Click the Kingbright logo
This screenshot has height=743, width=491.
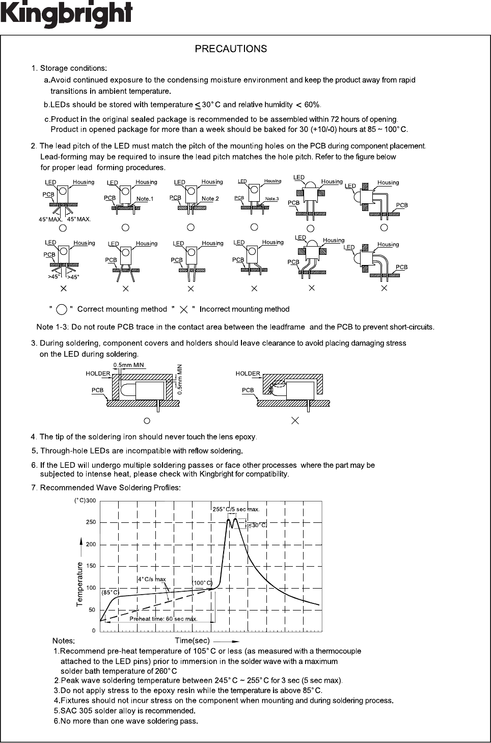coord(66,14)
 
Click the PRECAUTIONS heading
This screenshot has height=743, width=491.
coord(231,49)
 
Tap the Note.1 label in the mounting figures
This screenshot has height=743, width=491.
coord(145,199)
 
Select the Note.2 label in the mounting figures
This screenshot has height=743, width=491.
coord(210,199)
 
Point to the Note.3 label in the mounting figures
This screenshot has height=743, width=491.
coord(271,199)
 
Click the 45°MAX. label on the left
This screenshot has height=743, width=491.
coord(50,220)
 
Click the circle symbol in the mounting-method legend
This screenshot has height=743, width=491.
coord(62,309)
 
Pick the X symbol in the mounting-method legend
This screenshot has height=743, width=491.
coord(184,309)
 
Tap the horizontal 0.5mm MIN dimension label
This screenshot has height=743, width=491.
coord(128,365)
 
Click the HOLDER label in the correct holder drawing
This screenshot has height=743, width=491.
coord(98,374)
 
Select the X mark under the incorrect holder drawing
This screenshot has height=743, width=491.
coord(294,421)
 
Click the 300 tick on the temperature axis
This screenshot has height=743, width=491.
coord(91,500)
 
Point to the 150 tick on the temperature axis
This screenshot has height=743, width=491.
coord(91,566)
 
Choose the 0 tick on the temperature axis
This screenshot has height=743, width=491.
coord(93,631)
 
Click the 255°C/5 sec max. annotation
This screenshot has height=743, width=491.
coord(235,509)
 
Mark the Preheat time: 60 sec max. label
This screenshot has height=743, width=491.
coord(163,619)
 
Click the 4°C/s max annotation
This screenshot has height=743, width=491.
coord(152,579)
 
